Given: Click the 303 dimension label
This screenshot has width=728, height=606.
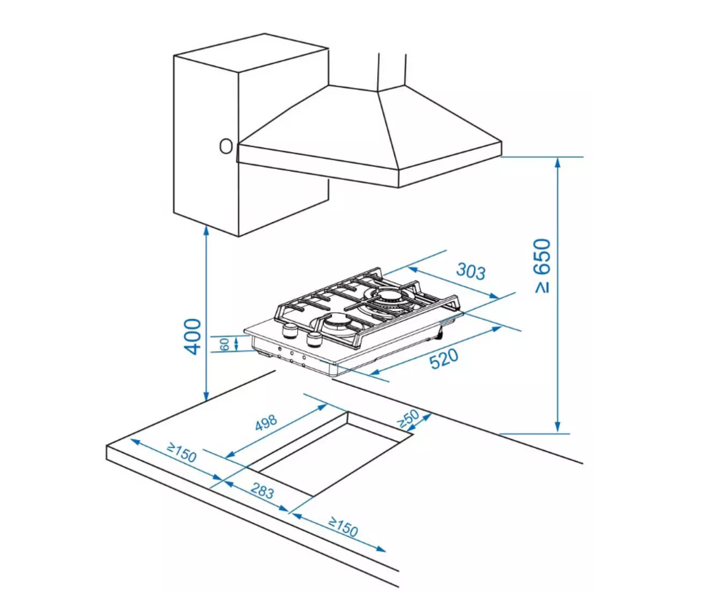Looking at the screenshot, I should pyautogui.click(x=470, y=271).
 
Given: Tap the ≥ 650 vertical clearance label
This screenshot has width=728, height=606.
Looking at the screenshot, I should pyautogui.click(x=543, y=266).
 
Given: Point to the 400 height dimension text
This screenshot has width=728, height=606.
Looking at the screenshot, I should pyautogui.click(x=191, y=336).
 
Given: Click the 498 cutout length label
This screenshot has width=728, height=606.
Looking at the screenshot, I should pyautogui.click(x=266, y=423).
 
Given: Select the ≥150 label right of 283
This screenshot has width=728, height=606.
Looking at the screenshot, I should pyautogui.click(x=343, y=527).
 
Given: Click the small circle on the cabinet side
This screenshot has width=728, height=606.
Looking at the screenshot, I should pyautogui.click(x=226, y=146).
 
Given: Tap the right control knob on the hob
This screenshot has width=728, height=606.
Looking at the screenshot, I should pyautogui.click(x=314, y=339).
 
